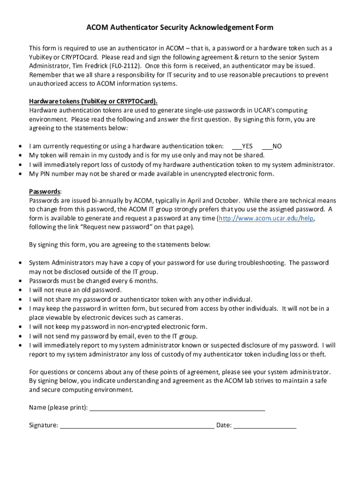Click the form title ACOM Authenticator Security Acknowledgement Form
click(180, 28)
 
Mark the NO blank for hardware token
click(267, 146)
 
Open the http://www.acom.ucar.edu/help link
click(266, 218)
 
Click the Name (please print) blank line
click(177, 408)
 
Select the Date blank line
click(265, 426)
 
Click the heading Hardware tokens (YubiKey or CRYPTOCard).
click(93, 102)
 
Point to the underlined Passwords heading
click(44, 192)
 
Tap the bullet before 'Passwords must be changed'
click(20, 281)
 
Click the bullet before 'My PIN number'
click(20, 174)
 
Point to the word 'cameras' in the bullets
click(170, 318)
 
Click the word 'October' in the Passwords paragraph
click(226, 201)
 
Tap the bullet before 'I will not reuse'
click(20, 290)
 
